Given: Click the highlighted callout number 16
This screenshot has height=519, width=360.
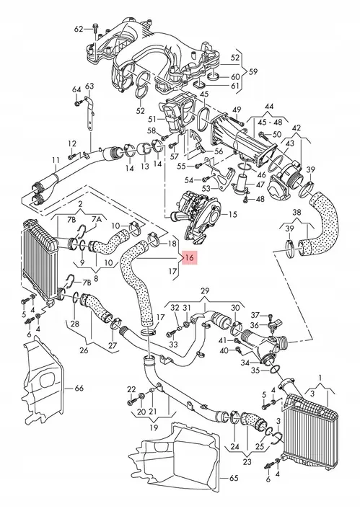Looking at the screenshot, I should coord(189,258).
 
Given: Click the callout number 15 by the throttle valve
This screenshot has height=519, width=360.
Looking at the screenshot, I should coord(232,215).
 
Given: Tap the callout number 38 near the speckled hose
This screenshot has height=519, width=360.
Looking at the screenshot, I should coord(297,213).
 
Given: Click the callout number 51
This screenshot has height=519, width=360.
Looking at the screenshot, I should coord(152,119).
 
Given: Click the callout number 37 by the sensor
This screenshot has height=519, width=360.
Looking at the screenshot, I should coord(255,315).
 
